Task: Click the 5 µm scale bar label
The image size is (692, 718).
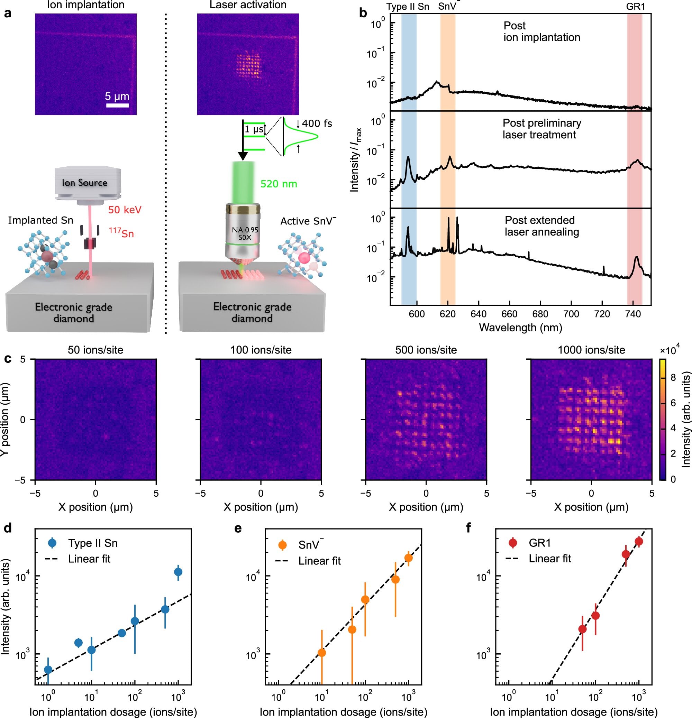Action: pyautogui.click(x=117, y=96)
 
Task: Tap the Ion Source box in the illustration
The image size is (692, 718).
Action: pyautogui.click(x=85, y=182)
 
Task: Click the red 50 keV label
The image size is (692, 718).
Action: pyautogui.click(x=125, y=210)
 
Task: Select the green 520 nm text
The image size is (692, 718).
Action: pyautogui.click(x=279, y=184)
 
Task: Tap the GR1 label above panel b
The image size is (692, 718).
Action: pyautogui.click(x=636, y=7)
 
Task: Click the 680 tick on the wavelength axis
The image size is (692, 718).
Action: pyautogui.click(x=540, y=314)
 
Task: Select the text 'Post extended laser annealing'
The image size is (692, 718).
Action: pyautogui.click(x=541, y=226)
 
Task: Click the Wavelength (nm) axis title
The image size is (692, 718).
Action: pyautogui.click(x=520, y=328)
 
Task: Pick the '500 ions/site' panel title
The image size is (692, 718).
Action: pyautogui.click(x=426, y=350)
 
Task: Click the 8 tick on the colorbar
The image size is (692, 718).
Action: pyautogui.click(x=673, y=378)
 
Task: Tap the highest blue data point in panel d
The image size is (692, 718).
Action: pyautogui.click(x=178, y=572)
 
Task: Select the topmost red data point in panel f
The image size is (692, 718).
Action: pyautogui.click(x=639, y=541)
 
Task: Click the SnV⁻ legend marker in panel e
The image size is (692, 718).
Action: pyautogui.click(x=283, y=545)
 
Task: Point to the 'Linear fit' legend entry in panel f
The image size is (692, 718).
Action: pyautogui.click(x=549, y=559)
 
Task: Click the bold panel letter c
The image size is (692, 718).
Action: pyautogui.click(x=7, y=358)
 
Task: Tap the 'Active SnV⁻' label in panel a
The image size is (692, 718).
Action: pyautogui.click(x=308, y=221)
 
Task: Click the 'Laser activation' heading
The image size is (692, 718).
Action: pyautogui.click(x=248, y=5)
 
